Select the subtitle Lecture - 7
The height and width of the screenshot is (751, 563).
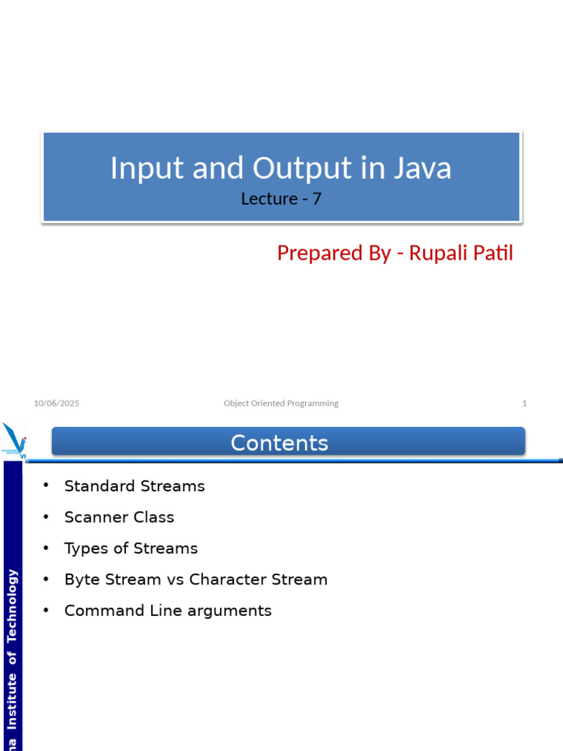tap(281, 198)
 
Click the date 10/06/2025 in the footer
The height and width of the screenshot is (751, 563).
tap(56, 403)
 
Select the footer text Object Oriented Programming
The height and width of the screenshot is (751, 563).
tap(281, 403)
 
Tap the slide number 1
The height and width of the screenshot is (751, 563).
tap(524, 403)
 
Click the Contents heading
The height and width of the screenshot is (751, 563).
tap(279, 443)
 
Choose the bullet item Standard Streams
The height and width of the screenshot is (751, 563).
tap(134, 486)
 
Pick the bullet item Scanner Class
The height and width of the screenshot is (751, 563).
tap(119, 517)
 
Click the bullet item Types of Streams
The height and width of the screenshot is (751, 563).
tap(130, 549)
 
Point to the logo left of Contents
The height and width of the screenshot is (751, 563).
tap(15, 440)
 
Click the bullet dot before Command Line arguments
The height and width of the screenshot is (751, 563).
tap(45, 610)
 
